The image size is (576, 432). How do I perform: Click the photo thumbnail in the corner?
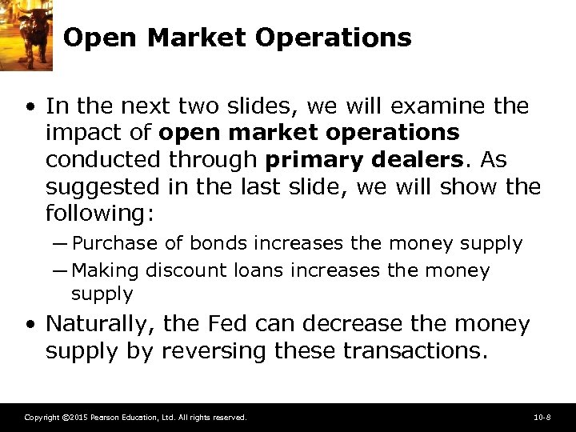point(26,32)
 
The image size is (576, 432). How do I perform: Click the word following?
point(101,214)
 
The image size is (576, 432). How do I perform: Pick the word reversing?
point(214,350)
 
